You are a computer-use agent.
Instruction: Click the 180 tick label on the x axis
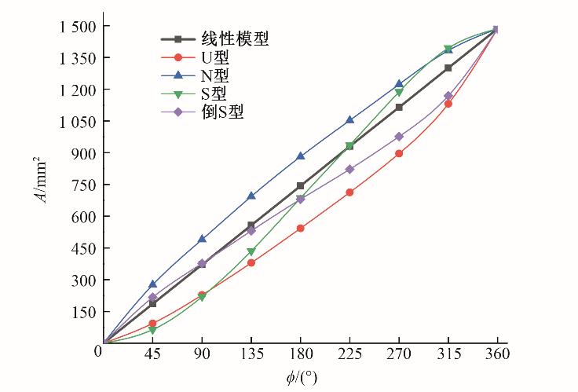point(300,354)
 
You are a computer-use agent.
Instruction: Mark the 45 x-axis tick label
point(152,354)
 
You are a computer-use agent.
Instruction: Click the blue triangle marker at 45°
point(152,284)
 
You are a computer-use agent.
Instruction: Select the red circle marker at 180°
point(300,229)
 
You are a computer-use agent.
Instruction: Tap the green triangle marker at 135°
point(251,252)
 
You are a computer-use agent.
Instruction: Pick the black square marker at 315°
point(448,68)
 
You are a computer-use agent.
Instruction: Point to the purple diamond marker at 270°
point(399,137)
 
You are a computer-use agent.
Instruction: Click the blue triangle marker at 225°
point(349,120)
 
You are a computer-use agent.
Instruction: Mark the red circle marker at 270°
point(399,153)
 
